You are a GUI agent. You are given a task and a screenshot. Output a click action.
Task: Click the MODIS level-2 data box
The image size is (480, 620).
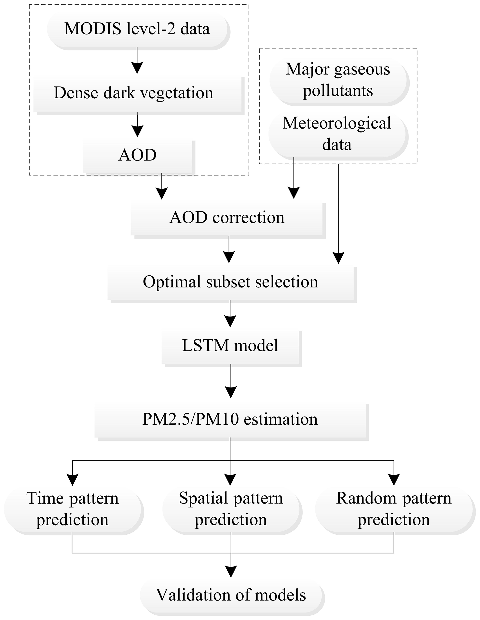point(137,30)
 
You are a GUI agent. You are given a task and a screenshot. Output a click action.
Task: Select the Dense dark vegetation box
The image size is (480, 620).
point(138,94)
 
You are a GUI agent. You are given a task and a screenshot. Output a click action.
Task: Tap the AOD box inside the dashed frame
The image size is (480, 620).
point(137,156)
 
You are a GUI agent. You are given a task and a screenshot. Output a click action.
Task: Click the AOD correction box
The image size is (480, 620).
point(227,219)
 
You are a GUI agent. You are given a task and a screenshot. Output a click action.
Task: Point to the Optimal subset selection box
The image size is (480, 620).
point(231,283)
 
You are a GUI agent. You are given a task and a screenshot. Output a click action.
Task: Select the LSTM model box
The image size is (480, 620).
point(230,346)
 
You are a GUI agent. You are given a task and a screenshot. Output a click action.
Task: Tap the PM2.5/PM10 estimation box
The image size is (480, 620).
point(230,420)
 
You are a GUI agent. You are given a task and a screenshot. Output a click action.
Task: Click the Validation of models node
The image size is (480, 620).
point(231,596)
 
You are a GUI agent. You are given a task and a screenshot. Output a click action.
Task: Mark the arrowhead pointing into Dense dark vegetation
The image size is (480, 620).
point(137,68)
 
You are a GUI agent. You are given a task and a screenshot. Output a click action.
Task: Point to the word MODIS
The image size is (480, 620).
point(93,30)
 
